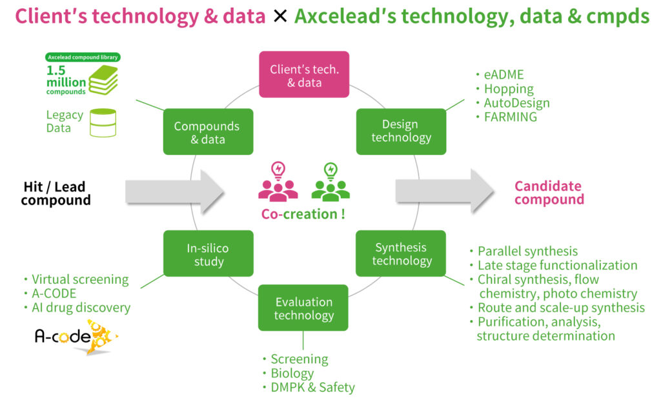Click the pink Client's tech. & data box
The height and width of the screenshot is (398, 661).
point(304,75)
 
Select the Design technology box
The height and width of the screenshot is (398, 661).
point(401,131)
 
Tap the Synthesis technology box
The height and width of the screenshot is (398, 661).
point(401,254)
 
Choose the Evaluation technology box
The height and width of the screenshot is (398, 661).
point(303,308)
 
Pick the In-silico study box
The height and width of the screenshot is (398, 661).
point(208,254)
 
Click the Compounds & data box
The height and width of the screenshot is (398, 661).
point(207,132)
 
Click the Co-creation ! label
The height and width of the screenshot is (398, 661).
point(303,214)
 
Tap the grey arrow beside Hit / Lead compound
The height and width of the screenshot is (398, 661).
point(174,192)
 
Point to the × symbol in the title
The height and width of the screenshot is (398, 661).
point(280,16)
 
